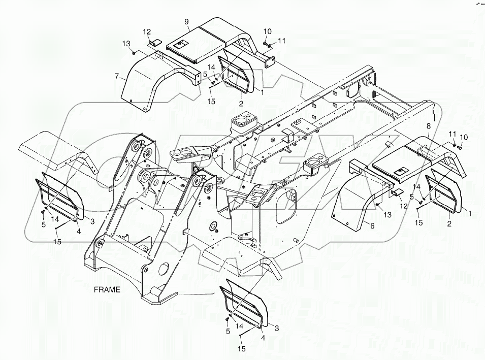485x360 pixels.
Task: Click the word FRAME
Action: pos(107,290)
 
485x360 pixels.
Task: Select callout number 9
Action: pos(187,21)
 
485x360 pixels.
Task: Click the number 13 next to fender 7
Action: pos(125,44)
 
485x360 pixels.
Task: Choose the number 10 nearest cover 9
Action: pos(268,31)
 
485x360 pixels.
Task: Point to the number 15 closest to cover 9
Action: pos(211,102)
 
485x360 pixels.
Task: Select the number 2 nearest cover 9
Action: pos(240,103)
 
